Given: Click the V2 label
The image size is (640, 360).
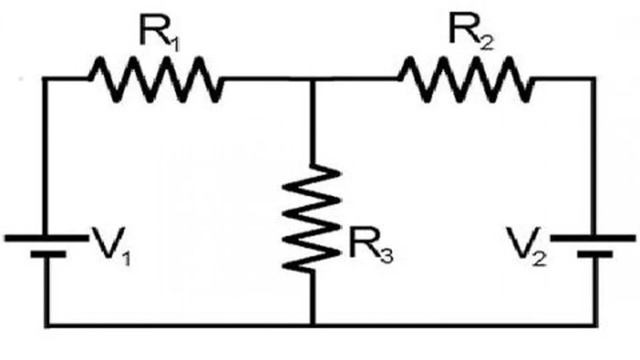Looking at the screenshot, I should (527, 245).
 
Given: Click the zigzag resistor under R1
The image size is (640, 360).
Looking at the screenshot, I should (155, 79).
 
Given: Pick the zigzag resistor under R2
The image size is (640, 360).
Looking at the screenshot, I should (466, 79).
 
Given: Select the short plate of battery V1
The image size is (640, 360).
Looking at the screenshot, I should (48, 255).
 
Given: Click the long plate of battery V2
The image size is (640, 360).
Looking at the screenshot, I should (593, 238).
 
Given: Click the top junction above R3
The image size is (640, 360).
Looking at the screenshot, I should (312, 79).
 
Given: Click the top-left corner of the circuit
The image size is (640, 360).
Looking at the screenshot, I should (45, 79).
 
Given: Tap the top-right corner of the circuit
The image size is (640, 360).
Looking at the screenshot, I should (594, 79).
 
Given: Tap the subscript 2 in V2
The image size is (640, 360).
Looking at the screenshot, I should (538, 258).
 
